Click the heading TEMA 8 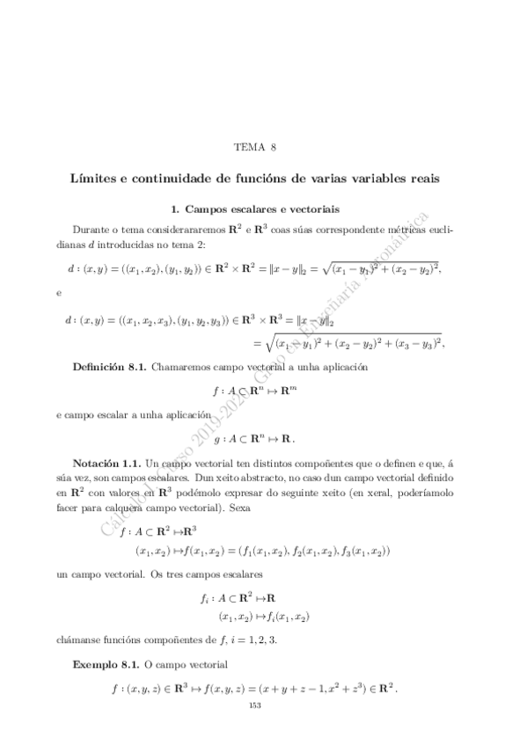pyautogui.click(x=263, y=148)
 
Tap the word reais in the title pyautogui.click(x=422, y=179)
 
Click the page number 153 pyautogui.click(x=256, y=706)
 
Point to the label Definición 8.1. pyautogui.click(x=109, y=364)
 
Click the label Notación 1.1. pyautogui.click(x=106, y=463)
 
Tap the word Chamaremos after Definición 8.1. pyautogui.click(x=184, y=364)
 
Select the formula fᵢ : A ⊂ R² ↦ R pyautogui.click(x=255, y=599)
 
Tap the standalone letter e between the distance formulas pyautogui.click(x=57, y=291)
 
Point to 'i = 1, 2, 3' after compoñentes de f pyautogui.click(x=251, y=640)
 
